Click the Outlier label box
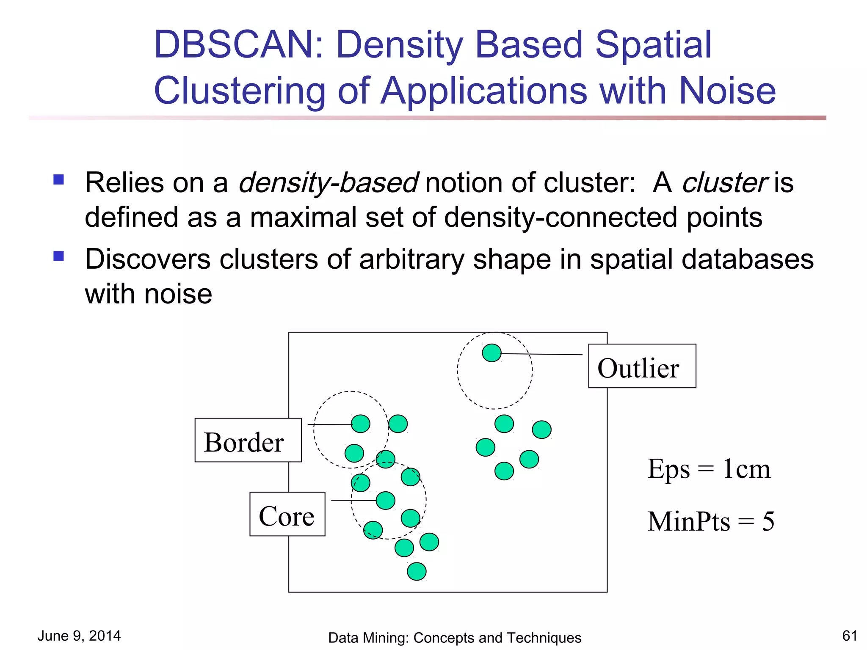tap(641, 366)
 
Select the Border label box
tap(248, 440)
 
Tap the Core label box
tap(287, 514)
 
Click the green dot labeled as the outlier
tap(491, 353)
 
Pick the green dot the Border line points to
tap(361, 424)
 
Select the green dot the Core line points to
tap(385, 501)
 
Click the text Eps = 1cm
tap(709, 469)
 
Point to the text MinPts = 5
tap(710, 521)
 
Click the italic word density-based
tap(329, 183)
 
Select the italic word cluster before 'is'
tap(724, 183)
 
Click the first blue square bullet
tap(58, 180)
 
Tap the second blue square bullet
tap(58, 256)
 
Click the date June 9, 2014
tap(79, 636)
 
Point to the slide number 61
tap(849, 636)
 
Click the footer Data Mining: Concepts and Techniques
tap(454, 638)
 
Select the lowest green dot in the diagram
tap(417, 571)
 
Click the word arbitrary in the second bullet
tap(411, 259)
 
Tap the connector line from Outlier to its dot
tap(542, 354)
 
